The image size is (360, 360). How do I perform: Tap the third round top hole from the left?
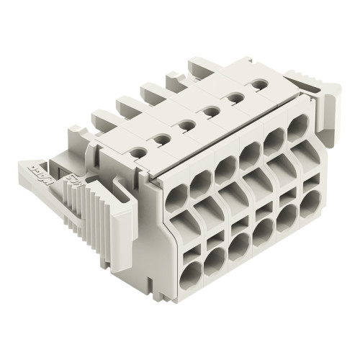click(x=185, y=125)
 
